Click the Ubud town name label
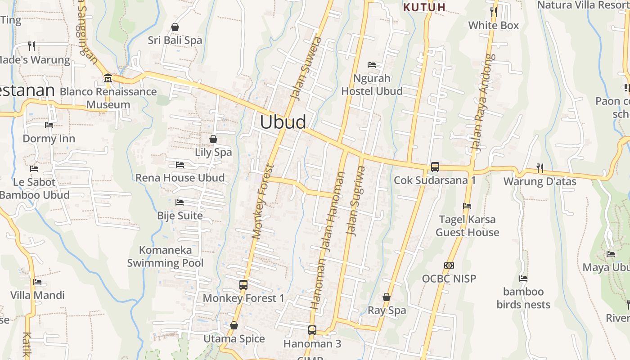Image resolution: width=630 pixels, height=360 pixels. point(283,122)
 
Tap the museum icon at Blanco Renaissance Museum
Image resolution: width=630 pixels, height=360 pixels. point(108,78)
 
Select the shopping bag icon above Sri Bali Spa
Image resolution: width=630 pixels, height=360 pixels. point(175,27)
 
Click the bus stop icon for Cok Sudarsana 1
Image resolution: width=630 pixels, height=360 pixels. point(435,166)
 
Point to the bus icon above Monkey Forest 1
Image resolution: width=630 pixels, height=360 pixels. point(243,284)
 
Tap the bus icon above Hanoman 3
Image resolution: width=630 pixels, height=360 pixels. point(312,330)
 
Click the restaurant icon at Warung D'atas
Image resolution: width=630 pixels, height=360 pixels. point(540,168)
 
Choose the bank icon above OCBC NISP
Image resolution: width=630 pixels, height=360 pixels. point(449,265)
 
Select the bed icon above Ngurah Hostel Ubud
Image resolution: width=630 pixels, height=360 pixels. point(372,65)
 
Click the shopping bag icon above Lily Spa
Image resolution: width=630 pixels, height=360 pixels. point(213,139)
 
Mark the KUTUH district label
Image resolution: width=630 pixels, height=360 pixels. point(424,7)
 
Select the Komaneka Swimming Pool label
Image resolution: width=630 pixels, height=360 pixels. point(165,256)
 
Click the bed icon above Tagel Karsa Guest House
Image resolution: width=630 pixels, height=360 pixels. point(467,206)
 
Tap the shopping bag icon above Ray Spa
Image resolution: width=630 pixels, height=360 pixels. point(386,297)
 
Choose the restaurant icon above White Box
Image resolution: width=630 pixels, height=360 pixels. point(494,12)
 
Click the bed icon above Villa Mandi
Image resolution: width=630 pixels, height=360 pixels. point(37,282)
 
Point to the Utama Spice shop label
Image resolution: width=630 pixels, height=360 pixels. point(234,338)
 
